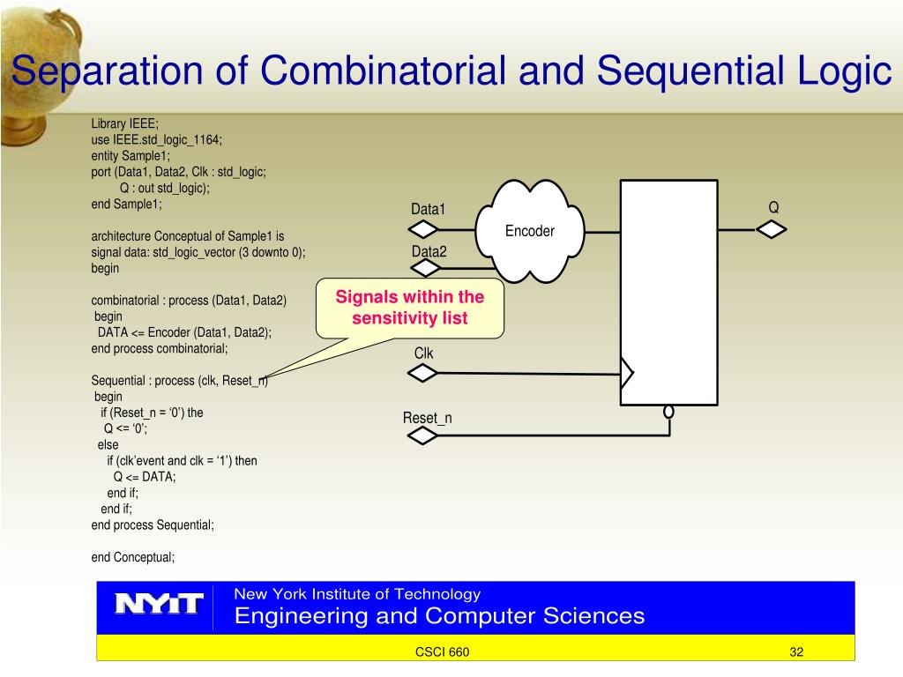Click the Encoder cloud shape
[x=529, y=230]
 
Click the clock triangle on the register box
[x=627, y=374]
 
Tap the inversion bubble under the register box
[x=668, y=412]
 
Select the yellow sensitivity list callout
[x=410, y=309]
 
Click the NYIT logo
[x=159, y=605]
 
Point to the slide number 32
[x=797, y=652]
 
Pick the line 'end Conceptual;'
[x=133, y=556]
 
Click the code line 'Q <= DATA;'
[x=145, y=477]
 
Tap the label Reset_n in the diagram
[x=428, y=418]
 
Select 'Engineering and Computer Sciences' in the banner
[x=439, y=615]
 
